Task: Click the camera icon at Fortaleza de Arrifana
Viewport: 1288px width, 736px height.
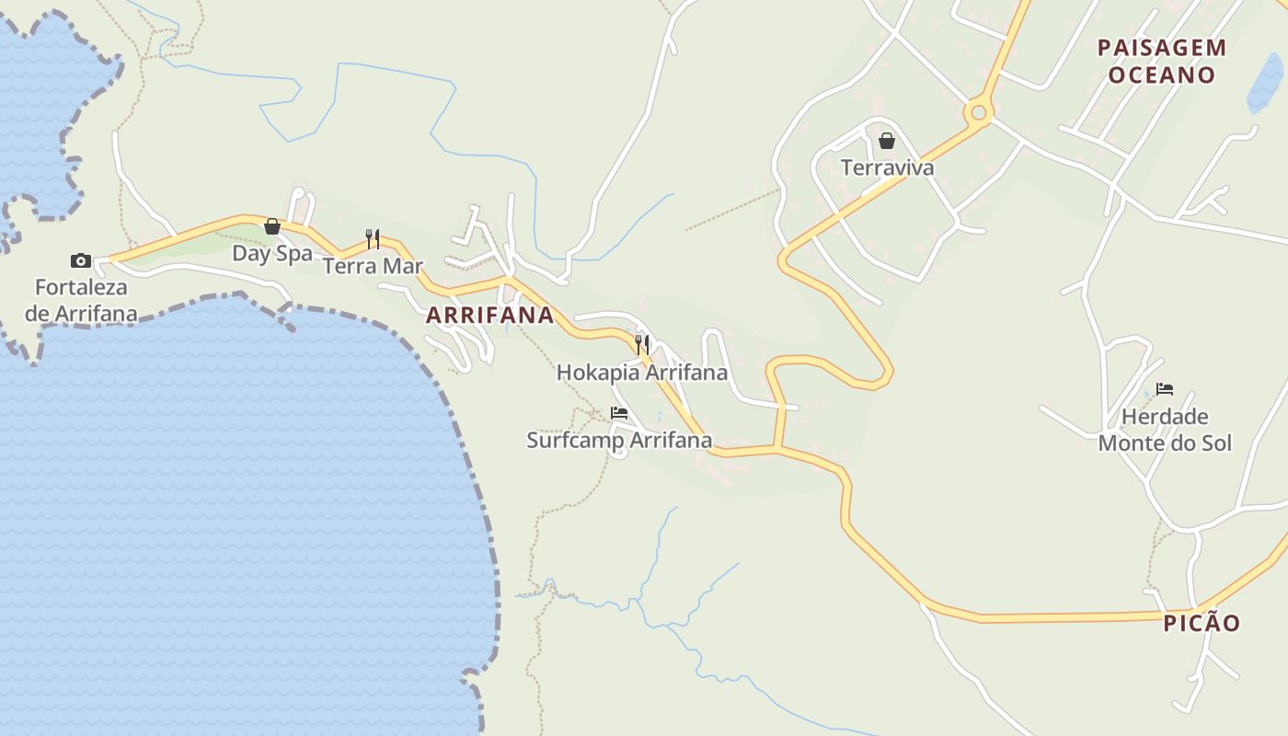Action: (x=81, y=261)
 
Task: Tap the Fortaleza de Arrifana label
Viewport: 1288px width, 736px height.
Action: (x=81, y=301)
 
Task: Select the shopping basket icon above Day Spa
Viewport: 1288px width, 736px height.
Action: (x=272, y=226)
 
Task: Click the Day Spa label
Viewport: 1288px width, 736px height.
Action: (x=272, y=253)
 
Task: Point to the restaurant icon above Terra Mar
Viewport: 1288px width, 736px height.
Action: (x=373, y=239)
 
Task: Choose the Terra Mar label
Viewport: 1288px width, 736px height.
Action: (x=373, y=266)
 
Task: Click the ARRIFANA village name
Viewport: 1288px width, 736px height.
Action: (x=489, y=316)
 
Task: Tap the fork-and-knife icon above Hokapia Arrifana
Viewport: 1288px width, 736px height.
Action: (x=642, y=345)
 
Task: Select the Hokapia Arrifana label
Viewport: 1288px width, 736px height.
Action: (x=642, y=373)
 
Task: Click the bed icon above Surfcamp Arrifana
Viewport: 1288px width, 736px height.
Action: (x=619, y=413)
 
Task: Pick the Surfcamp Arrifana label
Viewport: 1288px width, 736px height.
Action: (x=619, y=441)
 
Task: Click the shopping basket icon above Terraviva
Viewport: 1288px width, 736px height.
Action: (x=887, y=141)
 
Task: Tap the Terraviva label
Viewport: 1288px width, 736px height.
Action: (x=887, y=167)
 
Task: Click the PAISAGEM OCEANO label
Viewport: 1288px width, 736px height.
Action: (x=1162, y=61)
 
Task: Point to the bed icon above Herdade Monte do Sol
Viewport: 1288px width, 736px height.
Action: (x=1165, y=389)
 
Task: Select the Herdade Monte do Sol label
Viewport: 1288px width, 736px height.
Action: (x=1165, y=430)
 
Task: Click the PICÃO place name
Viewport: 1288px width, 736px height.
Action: (x=1202, y=623)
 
